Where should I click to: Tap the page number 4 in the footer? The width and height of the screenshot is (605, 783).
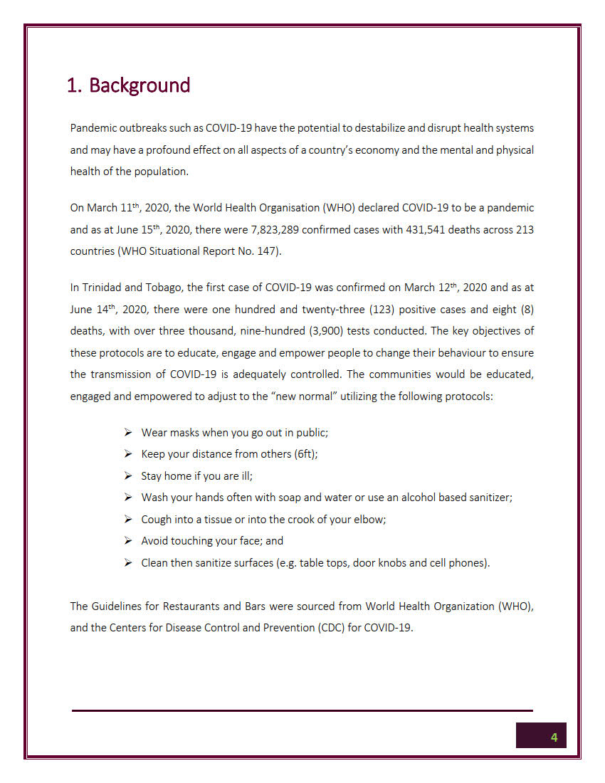click(x=554, y=737)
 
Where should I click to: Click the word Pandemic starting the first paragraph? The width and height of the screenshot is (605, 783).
click(x=93, y=128)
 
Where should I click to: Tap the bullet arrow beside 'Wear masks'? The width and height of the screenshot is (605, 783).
click(x=128, y=432)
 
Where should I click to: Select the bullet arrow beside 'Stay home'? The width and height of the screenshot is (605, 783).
click(x=128, y=475)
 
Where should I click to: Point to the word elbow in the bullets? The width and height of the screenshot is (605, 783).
click(x=369, y=520)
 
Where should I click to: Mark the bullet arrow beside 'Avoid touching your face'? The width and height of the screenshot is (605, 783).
click(x=128, y=541)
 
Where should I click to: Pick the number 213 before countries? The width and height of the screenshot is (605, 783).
click(x=524, y=230)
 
